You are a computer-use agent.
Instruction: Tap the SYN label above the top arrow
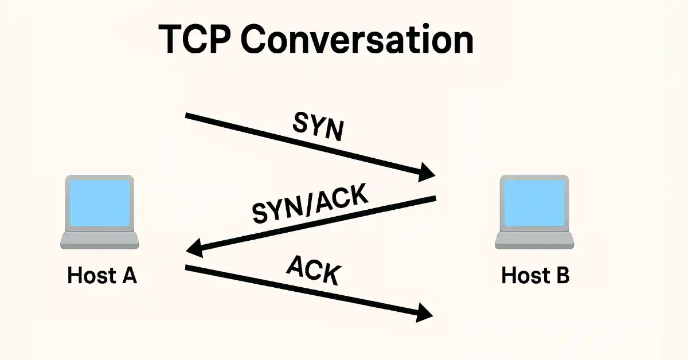[319, 126]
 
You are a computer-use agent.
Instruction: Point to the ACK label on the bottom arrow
[312, 271]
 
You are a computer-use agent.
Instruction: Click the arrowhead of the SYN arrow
[427, 171]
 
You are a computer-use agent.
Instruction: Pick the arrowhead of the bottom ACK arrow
[424, 312]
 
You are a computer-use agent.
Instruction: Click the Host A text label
[102, 276]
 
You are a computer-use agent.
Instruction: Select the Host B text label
[535, 276]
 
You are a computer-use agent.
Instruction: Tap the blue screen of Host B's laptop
[534, 202]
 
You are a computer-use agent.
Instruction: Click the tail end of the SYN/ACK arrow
[434, 199]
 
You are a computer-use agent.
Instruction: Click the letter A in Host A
[129, 276]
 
